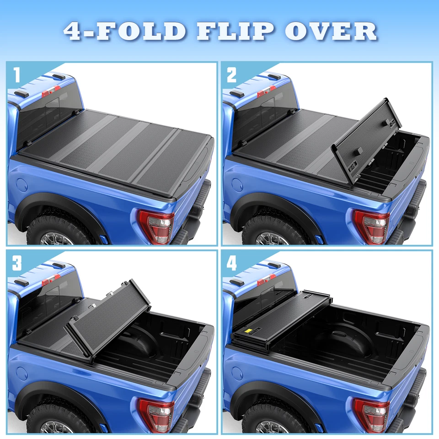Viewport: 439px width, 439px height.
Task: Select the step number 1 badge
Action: [x=17, y=75]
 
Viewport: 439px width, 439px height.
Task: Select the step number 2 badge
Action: [x=232, y=75]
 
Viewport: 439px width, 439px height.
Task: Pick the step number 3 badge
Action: [x=17, y=262]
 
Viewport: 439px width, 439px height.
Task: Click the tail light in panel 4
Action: [x=371, y=414]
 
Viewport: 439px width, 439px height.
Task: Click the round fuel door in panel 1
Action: [x=21, y=185]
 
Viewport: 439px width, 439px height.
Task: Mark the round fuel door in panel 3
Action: [x=21, y=373]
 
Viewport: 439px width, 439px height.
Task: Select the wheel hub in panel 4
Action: [x=269, y=427]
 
